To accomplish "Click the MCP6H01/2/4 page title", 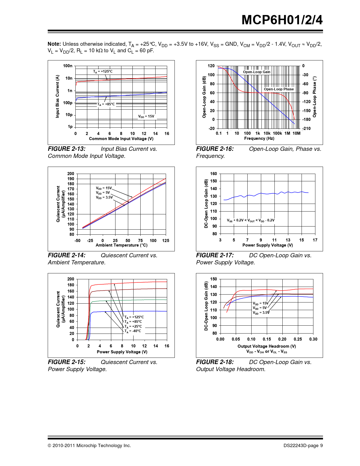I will point(282,20).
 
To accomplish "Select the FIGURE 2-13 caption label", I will point(67,149).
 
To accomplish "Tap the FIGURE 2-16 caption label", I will point(215,149).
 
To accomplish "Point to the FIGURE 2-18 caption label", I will point(215,362).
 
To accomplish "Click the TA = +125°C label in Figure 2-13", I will point(103,71).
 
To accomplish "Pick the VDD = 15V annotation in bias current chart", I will point(146,116).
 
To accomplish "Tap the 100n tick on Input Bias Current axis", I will point(68,66).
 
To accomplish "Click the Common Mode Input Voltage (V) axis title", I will point(121,139).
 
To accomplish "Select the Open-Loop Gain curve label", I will point(257,72).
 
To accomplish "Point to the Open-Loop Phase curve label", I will point(279,89).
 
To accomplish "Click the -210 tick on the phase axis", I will point(306,129).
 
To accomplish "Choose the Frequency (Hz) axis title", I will point(259,138).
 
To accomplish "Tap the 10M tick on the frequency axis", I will point(296,133).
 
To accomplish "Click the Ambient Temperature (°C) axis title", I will point(121,245).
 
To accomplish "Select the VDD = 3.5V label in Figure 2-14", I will point(104,197).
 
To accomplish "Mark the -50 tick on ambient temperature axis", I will point(77,241).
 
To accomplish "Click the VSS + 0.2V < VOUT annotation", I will point(251,220).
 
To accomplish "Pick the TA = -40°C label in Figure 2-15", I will point(133,331).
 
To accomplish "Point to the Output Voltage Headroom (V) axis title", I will point(267,346).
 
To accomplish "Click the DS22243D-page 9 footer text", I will point(303,446).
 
